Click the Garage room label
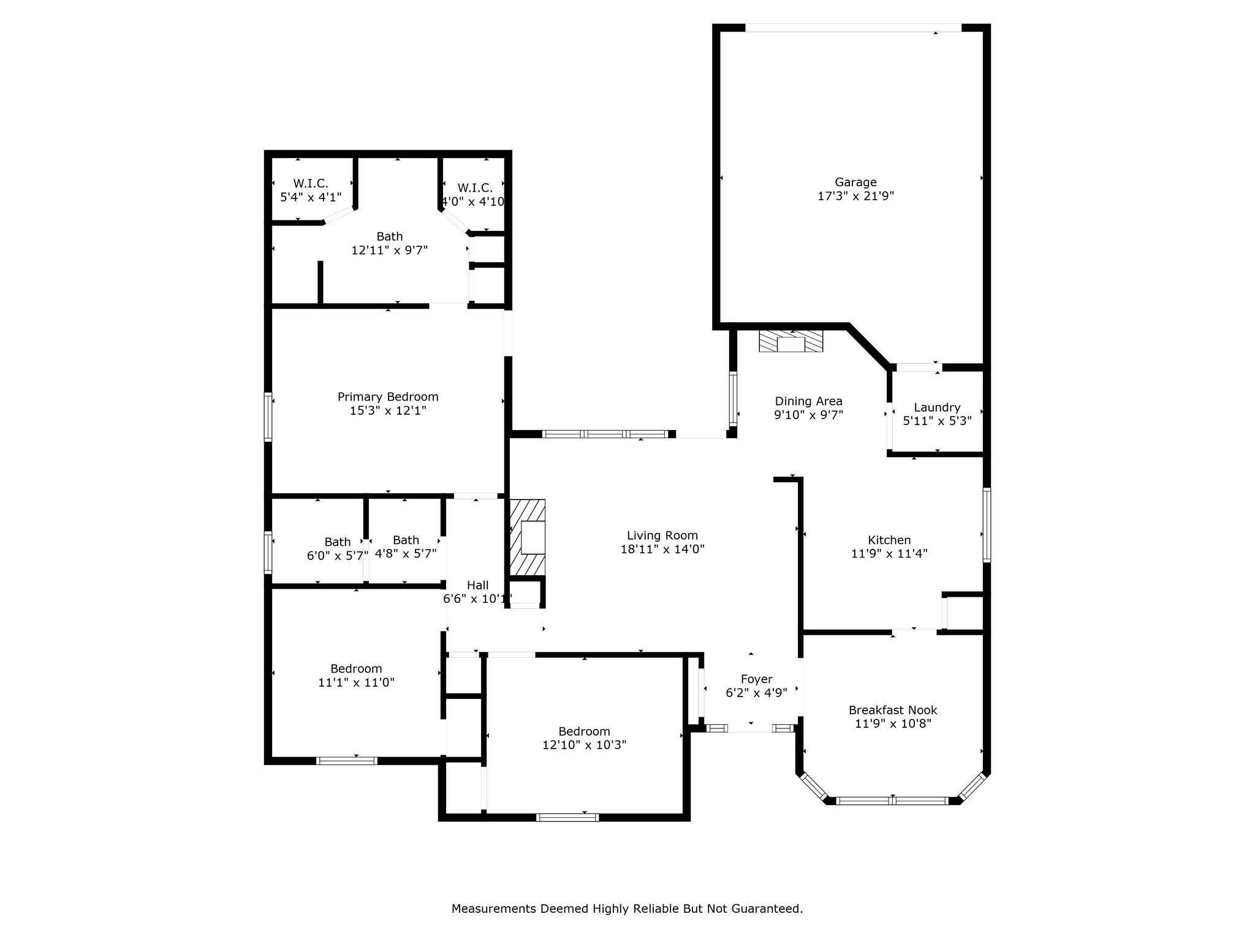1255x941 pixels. (x=855, y=182)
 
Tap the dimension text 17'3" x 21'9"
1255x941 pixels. (x=855, y=196)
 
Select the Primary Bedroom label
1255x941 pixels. (x=388, y=397)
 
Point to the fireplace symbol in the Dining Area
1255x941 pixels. (x=791, y=342)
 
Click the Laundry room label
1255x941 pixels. (x=937, y=407)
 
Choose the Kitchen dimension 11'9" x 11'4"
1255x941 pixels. (x=889, y=554)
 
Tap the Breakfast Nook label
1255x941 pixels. (x=893, y=710)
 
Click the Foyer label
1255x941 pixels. (x=757, y=679)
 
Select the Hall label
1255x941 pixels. (x=477, y=585)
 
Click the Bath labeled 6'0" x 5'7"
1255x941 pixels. (x=337, y=542)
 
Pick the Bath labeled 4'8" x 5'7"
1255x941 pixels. (x=406, y=540)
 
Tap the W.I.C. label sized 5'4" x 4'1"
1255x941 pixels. (x=311, y=183)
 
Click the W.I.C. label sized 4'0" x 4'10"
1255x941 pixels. (x=474, y=187)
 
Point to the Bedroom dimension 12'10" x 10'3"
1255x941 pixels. (x=584, y=745)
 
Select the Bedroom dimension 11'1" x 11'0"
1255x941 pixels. (x=356, y=682)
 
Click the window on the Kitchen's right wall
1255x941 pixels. (x=987, y=524)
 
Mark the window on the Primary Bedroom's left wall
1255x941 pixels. (x=268, y=417)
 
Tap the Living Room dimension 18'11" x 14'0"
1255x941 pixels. (x=662, y=550)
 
